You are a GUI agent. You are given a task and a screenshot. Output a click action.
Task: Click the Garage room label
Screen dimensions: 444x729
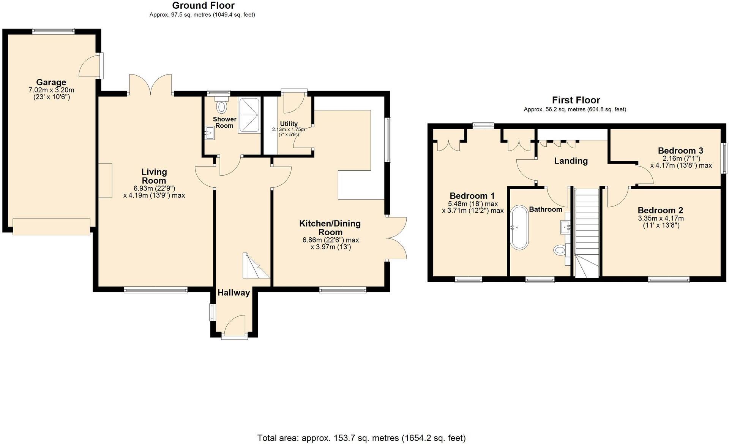(51, 82)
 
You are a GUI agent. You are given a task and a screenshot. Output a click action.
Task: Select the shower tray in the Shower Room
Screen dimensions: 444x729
(249, 116)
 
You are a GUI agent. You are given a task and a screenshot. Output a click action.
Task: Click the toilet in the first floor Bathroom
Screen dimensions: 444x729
(559, 250)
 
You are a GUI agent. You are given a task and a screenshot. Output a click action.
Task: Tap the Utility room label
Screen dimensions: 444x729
(289, 124)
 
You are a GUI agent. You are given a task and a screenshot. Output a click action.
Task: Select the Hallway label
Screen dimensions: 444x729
(234, 293)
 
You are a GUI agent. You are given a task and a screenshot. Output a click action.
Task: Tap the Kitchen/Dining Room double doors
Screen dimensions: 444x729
(396, 238)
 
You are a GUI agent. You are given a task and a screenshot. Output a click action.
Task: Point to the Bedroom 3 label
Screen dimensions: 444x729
(680, 151)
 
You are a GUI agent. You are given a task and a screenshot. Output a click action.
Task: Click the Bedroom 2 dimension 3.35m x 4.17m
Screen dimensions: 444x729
(660, 218)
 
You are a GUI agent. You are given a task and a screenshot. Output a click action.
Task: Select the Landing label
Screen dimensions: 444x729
(571, 161)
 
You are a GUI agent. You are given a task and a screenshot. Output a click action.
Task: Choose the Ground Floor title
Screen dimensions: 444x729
(203, 5)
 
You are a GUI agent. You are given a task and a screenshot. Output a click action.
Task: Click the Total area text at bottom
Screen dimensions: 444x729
(361, 438)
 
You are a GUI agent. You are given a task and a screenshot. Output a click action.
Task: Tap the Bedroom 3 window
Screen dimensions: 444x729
(724, 157)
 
